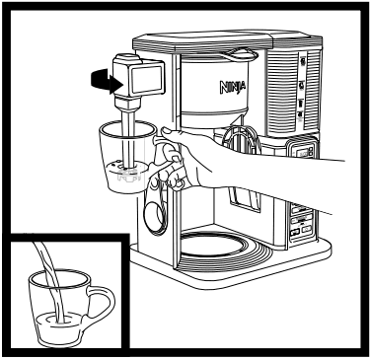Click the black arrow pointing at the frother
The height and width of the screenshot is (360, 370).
[x=98, y=76]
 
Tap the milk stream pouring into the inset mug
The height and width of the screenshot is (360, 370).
[x=49, y=281]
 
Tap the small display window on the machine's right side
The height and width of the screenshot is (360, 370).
[x=302, y=151]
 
